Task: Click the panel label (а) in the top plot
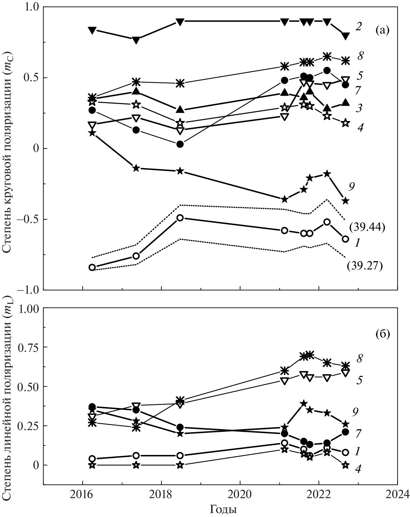pos(382,30)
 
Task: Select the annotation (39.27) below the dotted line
pos(365,266)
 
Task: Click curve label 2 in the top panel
pos(359,26)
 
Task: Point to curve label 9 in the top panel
pos(352,187)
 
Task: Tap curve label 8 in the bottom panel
pos(360,358)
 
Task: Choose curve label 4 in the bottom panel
pos(358,477)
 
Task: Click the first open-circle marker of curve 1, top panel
pos(92,267)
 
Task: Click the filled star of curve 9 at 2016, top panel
pos(92,133)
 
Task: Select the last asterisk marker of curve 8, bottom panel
pos(346,365)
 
